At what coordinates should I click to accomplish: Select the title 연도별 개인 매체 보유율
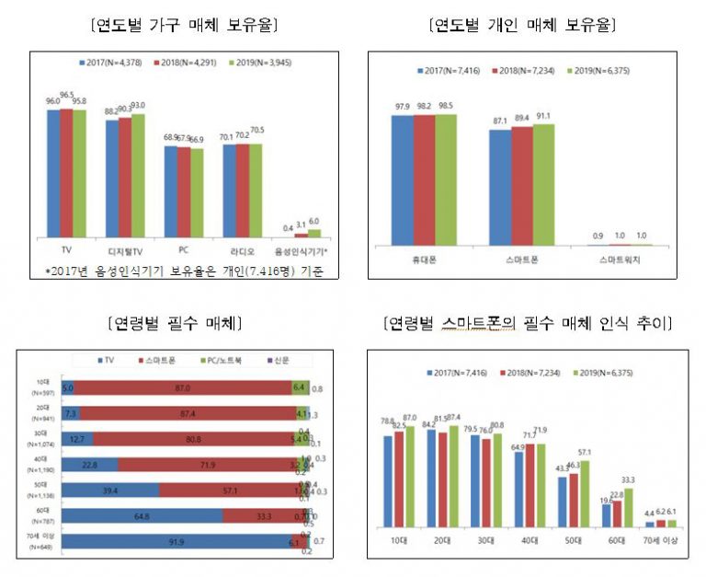(522, 27)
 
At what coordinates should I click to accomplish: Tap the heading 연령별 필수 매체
(175, 323)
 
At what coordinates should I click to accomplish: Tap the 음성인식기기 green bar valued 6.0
(314, 233)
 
